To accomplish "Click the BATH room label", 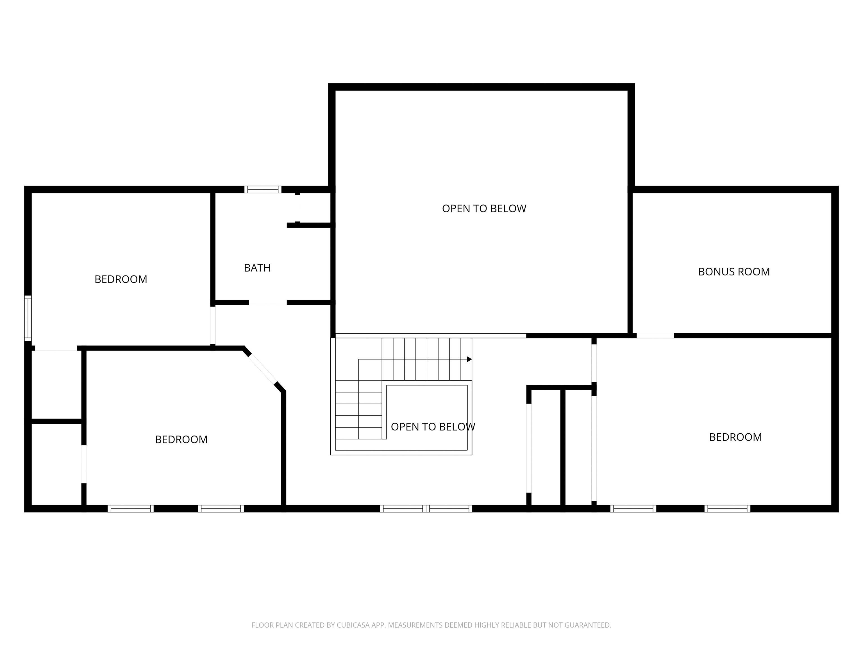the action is pos(257,268).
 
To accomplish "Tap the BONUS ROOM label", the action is pos(734,272).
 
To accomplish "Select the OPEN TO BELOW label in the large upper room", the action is pos(484,209).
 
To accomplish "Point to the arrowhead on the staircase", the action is pos(469,359).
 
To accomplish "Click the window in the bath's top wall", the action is pos(263,190).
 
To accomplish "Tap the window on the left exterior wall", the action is pos(28,318).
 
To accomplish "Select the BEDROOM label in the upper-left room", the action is pos(121,279).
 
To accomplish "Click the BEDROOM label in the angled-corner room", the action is pos(181,439).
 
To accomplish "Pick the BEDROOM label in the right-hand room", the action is pos(735,437).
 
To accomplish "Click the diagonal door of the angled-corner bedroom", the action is pos(263,369).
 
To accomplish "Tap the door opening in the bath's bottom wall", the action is pos(268,302).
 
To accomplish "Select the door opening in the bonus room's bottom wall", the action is pos(655,335).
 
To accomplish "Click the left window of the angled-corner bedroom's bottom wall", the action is pos(131,509).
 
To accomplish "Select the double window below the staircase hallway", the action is pos(426,509).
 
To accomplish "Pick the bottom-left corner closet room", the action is pos(56,464).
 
